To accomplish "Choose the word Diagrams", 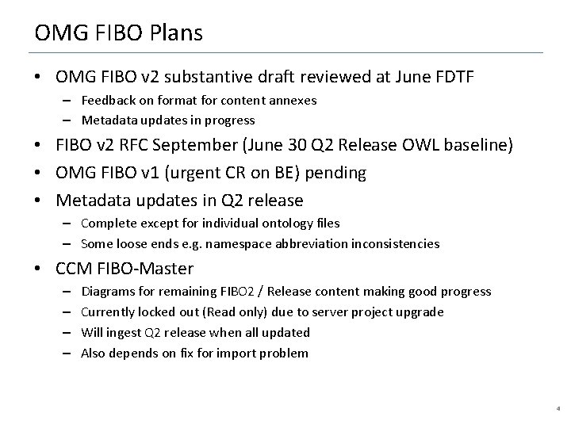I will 107,292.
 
